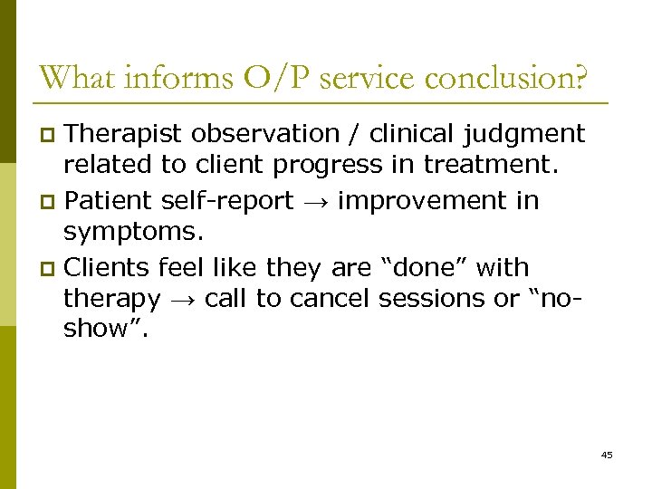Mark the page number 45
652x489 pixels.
(606, 455)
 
